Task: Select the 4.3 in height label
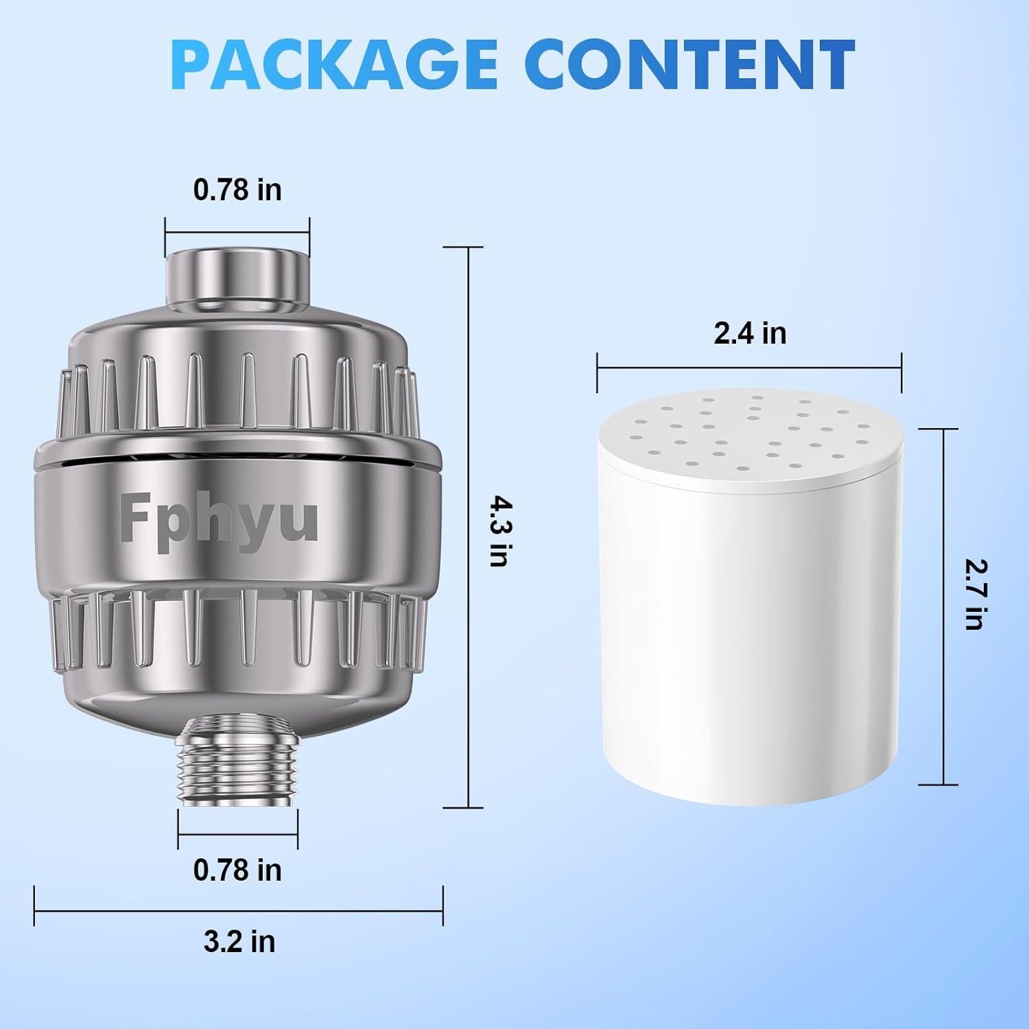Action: tap(499, 532)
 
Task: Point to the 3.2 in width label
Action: tap(239, 941)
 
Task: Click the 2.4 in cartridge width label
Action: tap(750, 333)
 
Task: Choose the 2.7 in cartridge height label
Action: tap(974, 594)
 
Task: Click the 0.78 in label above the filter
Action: tap(237, 189)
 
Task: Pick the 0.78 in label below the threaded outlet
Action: tap(237, 870)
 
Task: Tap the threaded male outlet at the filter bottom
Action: tap(237, 761)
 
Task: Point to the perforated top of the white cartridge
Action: tap(748, 439)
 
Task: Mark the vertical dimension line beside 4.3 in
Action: tap(469, 528)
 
